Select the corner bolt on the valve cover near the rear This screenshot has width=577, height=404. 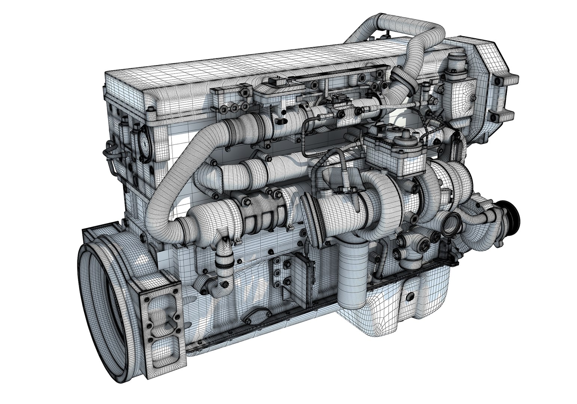coord(150,109)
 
